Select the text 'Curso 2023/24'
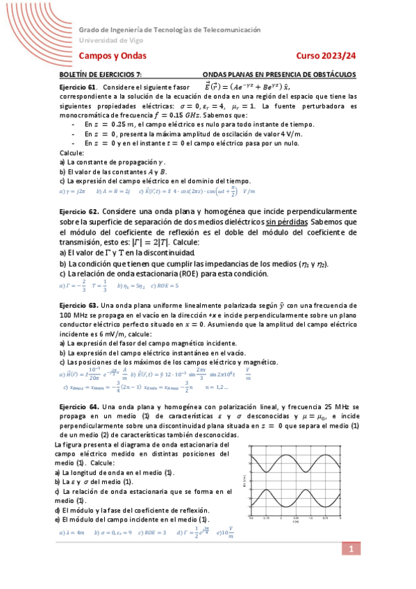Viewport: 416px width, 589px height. click(x=326, y=56)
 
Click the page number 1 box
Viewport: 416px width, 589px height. click(x=351, y=550)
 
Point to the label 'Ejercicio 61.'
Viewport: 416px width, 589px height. click(x=78, y=87)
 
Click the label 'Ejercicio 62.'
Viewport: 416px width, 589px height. click(x=79, y=210)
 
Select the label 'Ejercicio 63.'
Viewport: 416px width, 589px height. click(x=78, y=305)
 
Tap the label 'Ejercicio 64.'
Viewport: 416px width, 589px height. click(x=78, y=406)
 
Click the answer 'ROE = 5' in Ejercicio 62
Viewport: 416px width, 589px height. click(x=167, y=285)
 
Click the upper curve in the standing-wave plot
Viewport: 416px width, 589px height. click(x=295, y=463)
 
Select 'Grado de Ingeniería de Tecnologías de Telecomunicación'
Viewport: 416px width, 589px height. click(x=169, y=31)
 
